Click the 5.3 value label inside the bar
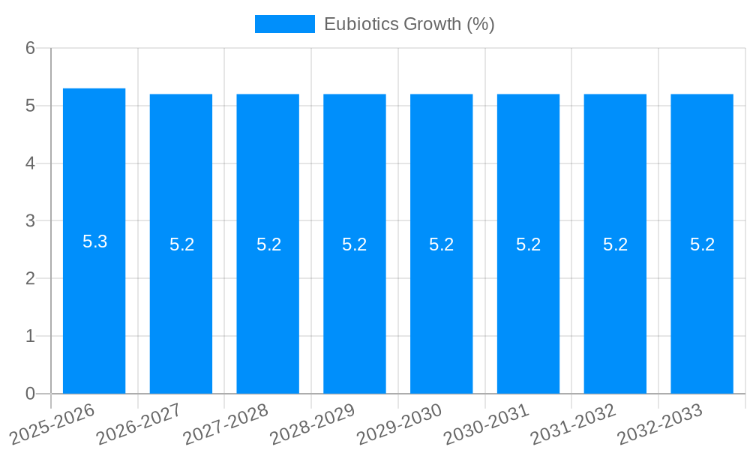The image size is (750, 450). coord(94,241)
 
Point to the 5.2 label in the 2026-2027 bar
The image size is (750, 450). coord(181,244)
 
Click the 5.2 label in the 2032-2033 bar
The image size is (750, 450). coord(702,244)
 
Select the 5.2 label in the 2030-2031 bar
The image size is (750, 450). coord(528,244)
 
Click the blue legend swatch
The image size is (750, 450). coord(284,24)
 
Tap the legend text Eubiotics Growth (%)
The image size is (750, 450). coord(409,24)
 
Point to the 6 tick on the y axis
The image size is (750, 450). coord(30,48)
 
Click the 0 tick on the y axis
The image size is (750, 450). coord(30,394)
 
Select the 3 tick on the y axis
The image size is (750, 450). coord(30,221)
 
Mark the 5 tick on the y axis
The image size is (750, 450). coord(30,106)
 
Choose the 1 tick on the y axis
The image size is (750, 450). coord(30,336)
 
